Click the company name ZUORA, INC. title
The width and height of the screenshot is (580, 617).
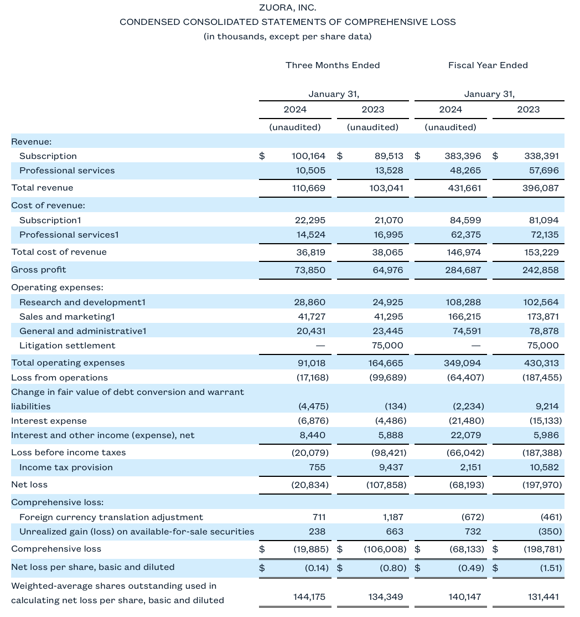288,8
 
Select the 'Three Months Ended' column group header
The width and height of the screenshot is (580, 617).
333,65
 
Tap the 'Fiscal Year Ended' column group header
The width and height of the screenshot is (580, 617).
488,65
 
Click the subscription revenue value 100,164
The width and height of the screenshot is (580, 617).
309,156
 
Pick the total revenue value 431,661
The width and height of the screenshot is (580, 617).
463,188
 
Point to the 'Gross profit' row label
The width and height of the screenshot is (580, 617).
39,270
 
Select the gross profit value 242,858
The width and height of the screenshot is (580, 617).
541,270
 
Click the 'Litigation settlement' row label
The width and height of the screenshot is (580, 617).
68,346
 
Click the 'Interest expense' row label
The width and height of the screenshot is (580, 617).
49,421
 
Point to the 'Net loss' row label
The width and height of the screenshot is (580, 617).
29,485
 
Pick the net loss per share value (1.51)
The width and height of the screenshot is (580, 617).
545,568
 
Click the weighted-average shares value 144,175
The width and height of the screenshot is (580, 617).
309,597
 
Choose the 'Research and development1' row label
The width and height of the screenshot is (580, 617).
82,302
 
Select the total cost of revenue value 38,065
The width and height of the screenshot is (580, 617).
386,252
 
